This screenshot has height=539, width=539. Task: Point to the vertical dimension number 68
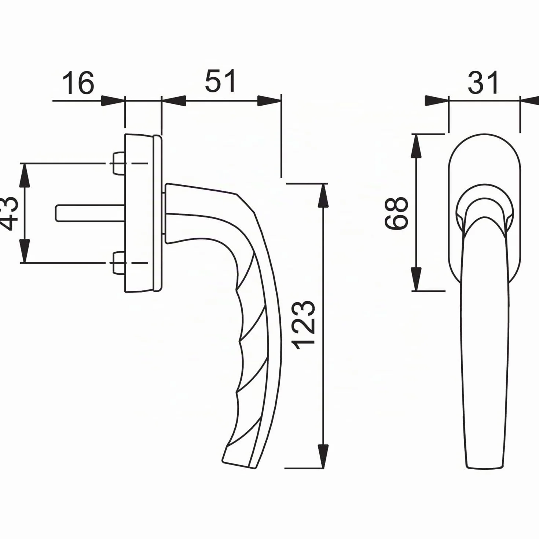[x=396, y=213]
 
